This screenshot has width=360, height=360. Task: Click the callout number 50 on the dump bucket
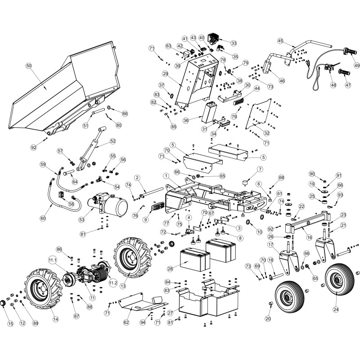coord(29,66)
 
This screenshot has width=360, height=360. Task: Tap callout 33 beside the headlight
coord(234,43)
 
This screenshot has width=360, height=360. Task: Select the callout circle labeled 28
coord(170,269)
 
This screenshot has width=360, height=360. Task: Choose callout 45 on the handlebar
coord(280,41)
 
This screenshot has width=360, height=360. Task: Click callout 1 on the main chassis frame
coord(166,175)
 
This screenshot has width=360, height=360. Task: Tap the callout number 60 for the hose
coord(43,218)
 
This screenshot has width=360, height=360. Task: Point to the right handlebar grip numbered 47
coord(347,84)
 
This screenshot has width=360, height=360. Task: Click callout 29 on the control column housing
coord(165,73)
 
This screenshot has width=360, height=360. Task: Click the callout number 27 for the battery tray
coord(170,313)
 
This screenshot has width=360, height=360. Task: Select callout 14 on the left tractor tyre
coord(55,319)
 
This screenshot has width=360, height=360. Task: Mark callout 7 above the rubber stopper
coord(260,169)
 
